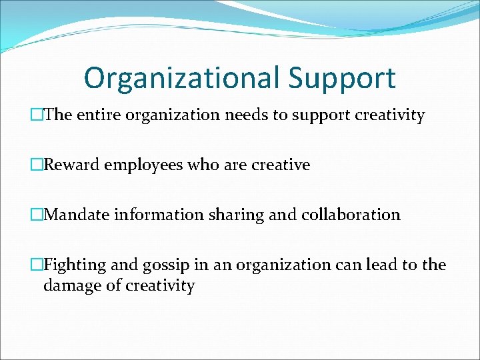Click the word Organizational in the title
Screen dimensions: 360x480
(x=182, y=78)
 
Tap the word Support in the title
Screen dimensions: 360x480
(x=343, y=78)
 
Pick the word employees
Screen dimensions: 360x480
(x=147, y=165)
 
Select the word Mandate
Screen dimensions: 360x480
(x=77, y=215)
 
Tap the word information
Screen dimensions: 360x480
(x=159, y=215)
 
